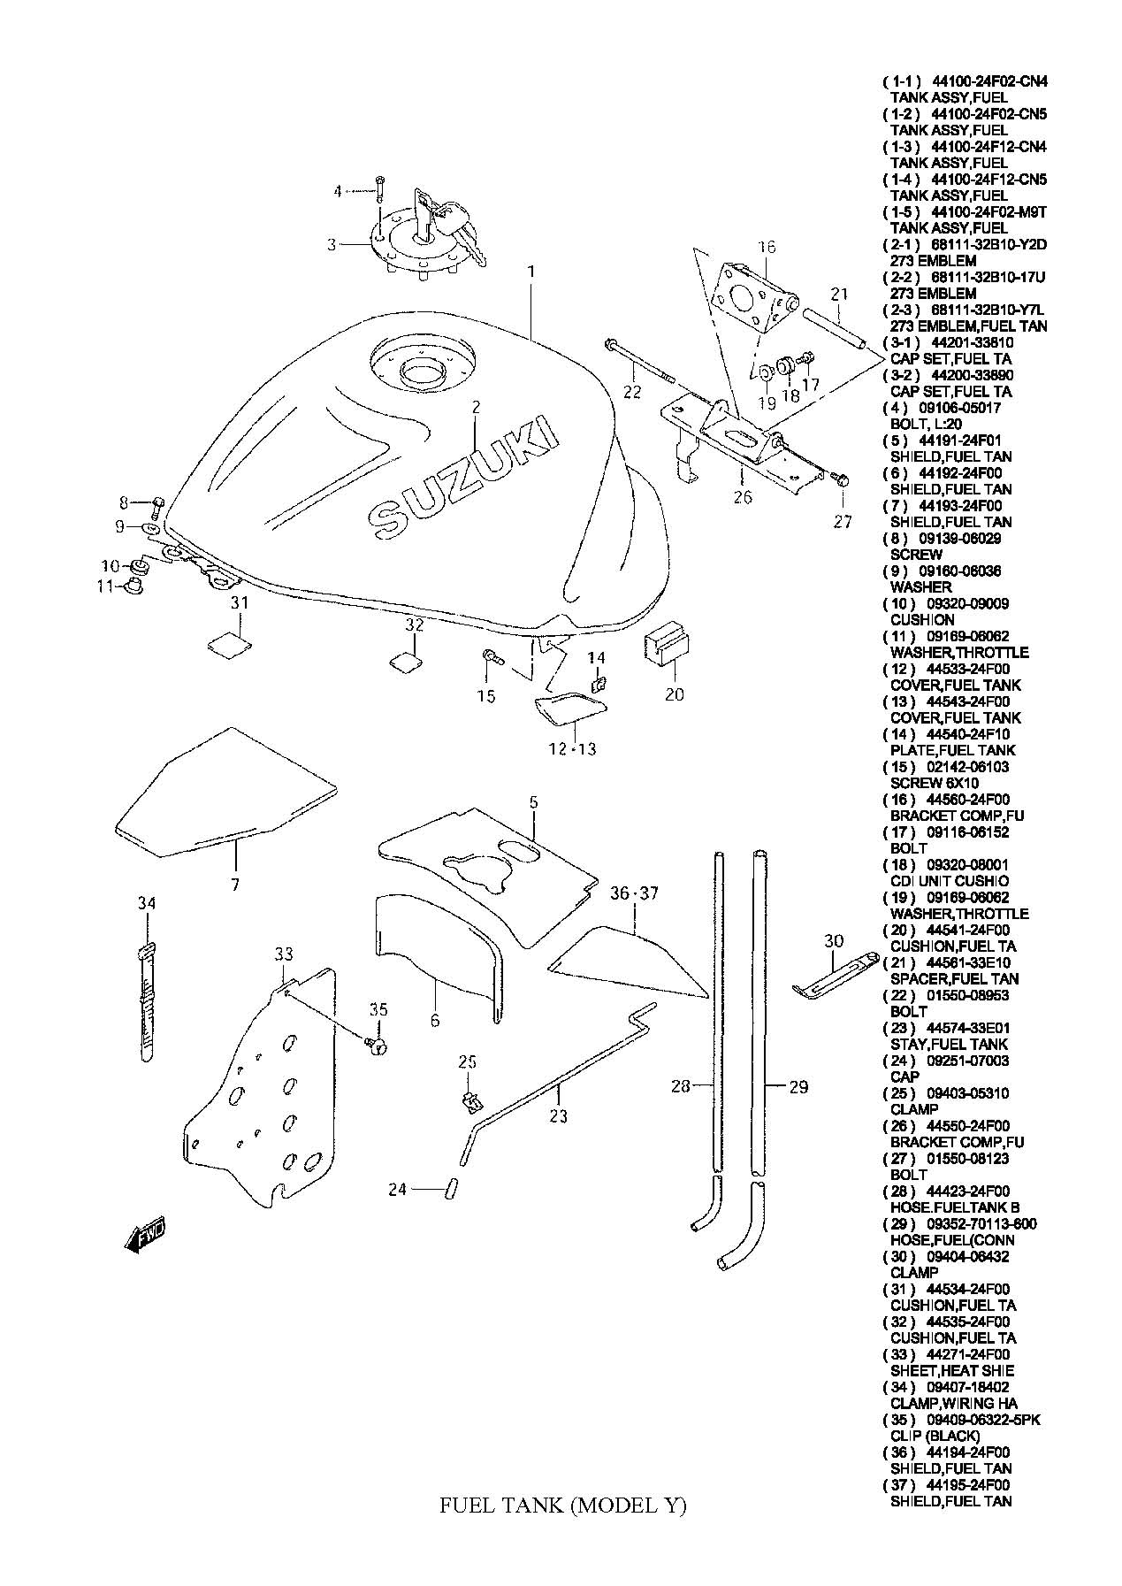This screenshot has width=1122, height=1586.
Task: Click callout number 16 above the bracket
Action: point(766,246)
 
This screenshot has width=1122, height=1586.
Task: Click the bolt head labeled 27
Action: point(842,480)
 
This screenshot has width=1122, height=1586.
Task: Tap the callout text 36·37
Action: point(635,894)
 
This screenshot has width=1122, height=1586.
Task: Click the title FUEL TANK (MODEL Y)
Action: point(562,1530)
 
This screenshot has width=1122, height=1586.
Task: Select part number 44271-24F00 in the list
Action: point(967,1354)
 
